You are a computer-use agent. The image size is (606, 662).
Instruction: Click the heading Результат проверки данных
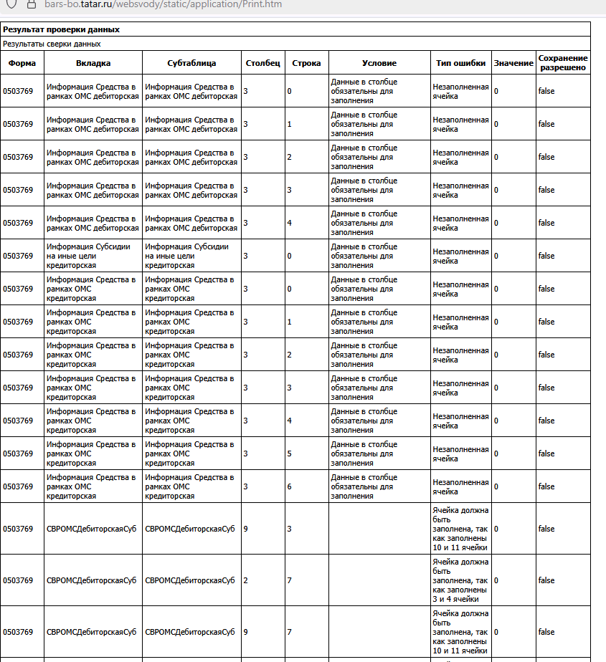pos(61,29)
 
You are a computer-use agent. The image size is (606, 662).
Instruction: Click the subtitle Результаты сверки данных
pos(52,44)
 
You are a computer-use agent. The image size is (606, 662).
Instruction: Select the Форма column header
pos(22,63)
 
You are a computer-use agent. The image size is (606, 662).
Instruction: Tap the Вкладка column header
pos(93,63)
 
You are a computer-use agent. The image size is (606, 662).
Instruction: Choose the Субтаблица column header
pos(191,63)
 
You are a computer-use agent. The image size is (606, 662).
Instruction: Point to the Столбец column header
pos(263,63)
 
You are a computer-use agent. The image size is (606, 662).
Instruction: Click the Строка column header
pos(307,63)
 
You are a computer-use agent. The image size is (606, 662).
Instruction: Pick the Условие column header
pos(379,63)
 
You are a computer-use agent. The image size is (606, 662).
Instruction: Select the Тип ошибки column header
pos(460,63)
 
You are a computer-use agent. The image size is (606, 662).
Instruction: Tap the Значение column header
pos(513,63)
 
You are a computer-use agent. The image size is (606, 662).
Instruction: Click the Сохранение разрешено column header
pos(563,63)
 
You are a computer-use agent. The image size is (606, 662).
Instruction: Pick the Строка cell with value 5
pos(307,454)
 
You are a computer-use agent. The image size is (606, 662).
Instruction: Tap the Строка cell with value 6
pos(307,486)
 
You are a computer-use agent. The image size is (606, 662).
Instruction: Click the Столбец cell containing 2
pos(263,580)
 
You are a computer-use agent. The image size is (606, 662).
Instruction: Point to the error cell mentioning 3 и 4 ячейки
pos(460,580)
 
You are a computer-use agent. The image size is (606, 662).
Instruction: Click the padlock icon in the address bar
pos(31,4)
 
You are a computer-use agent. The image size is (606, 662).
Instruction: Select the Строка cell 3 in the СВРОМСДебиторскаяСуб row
pos(307,529)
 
